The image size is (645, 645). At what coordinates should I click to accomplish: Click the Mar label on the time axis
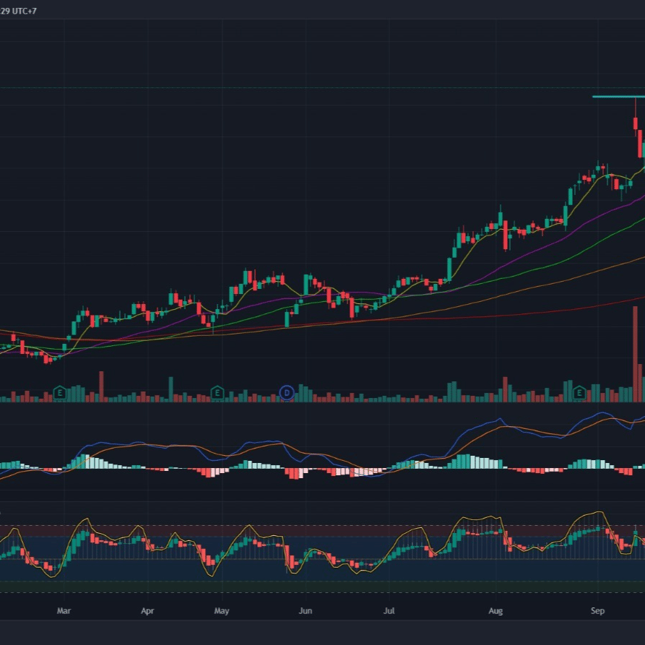(x=64, y=611)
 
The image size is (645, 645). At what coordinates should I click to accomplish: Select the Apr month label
(x=147, y=611)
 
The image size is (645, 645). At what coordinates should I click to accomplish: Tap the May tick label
(x=222, y=611)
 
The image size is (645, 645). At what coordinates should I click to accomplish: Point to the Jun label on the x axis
(x=306, y=611)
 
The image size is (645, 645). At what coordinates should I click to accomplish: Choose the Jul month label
(x=389, y=611)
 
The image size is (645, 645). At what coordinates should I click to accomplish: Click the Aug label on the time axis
(x=495, y=611)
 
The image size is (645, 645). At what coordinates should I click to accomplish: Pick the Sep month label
(x=598, y=611)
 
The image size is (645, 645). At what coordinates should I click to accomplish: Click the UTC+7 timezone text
(x=25, y=11)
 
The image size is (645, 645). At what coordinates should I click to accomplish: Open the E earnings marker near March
(x=60, y=393)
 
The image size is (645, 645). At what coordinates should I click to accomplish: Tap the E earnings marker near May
(x=217, y=393)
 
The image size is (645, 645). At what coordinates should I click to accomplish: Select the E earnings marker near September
(x=579, y=393)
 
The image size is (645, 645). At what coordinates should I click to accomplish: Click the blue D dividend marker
(x=287, y=393)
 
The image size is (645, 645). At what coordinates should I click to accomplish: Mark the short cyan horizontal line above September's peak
(x=619, y=97)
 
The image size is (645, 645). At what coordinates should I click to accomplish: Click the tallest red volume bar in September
(x=635, y=354)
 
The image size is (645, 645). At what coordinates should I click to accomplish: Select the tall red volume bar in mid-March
(x=101, y=386)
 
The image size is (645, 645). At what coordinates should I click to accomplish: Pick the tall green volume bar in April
(x=170, y=389)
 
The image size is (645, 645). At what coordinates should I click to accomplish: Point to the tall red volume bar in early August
(x=505, y=389)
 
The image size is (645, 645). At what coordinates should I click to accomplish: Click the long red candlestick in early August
(x=505, y=235)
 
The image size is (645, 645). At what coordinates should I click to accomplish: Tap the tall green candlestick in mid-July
(x=449, y=269)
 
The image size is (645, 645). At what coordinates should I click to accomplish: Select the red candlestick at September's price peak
(x=635, y=124)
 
